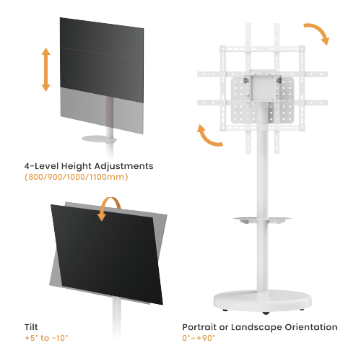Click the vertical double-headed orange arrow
point(45,69)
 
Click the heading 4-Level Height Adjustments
point(88,165)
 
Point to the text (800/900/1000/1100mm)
point(77,177)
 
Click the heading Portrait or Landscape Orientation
point(258,326)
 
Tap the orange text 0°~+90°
point(199,337)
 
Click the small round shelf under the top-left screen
point(108,139)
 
